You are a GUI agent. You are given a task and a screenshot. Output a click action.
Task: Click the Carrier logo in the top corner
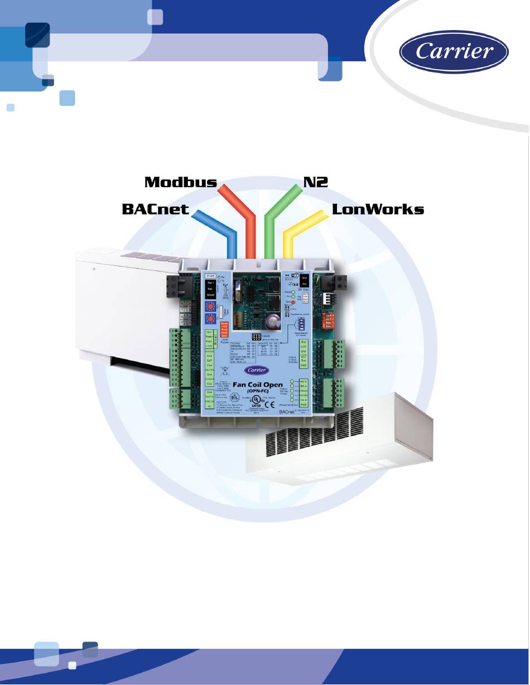(454, 52)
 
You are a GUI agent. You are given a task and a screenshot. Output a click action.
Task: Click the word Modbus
(181, 182)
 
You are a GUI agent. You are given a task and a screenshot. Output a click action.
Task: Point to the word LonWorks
(378, 210)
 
